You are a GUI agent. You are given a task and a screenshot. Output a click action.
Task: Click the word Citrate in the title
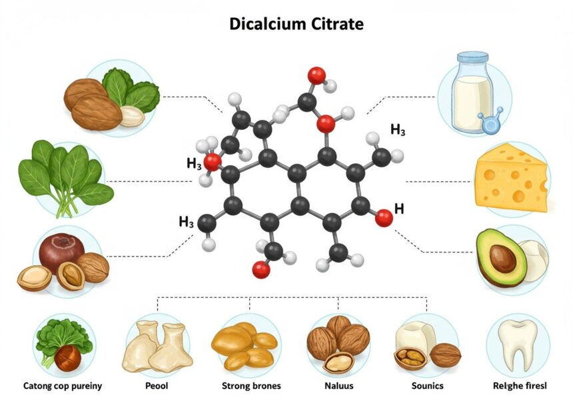[x=338, y=25]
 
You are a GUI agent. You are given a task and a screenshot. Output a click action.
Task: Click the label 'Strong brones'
[x=251, y=386]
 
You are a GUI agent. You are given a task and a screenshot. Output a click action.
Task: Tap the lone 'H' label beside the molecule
[x=399, y=209]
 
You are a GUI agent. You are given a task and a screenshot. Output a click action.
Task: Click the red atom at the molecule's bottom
[x=261, y=269]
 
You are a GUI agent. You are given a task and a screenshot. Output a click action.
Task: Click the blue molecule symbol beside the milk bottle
[x=490, y=124]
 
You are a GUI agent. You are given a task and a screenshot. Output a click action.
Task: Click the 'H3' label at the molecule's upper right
[x=398, y=131]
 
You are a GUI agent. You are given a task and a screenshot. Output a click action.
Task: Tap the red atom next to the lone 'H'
[x=383, y=217]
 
